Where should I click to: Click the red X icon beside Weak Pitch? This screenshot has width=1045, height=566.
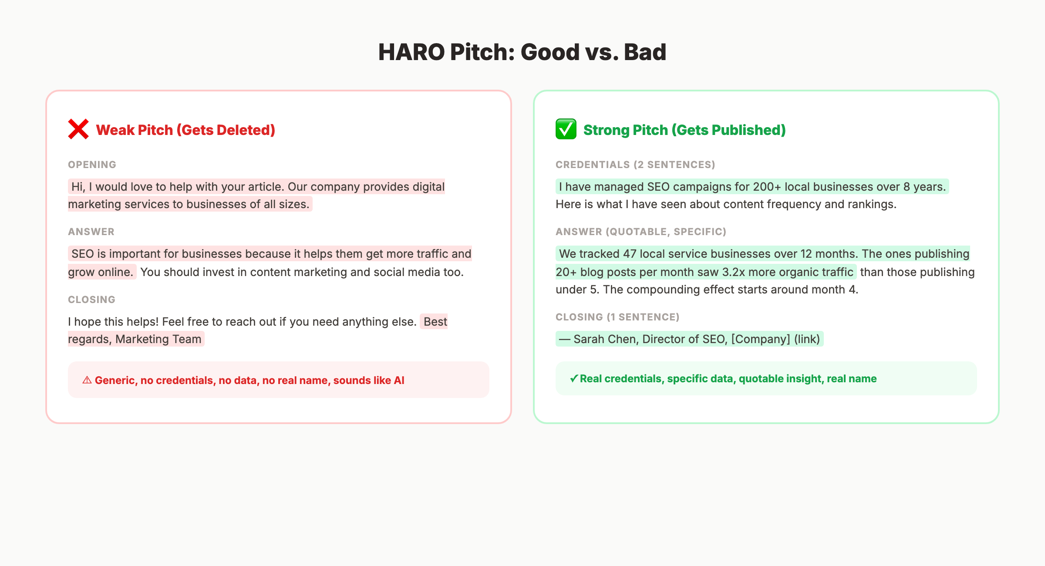point(78,129)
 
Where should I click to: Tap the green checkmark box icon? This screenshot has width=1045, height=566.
point(566,129)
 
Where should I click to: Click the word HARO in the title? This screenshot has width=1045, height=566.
point(411,52)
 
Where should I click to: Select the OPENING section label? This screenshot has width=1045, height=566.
point(92,165)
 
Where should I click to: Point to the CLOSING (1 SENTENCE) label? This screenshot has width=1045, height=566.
point(617,317)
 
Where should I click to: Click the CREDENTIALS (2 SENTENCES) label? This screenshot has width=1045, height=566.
point(635,165)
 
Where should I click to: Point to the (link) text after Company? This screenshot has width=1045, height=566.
point(807,339)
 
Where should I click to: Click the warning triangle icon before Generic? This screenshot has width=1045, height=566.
point(87,380)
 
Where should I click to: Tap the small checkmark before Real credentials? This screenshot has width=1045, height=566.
point(574,379)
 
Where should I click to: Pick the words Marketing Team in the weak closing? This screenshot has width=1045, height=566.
point(158,339)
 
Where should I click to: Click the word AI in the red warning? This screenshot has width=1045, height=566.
point(399,381)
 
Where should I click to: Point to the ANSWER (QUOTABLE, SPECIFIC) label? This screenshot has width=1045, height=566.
point(640,232)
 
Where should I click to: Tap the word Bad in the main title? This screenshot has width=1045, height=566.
point(645,52)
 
